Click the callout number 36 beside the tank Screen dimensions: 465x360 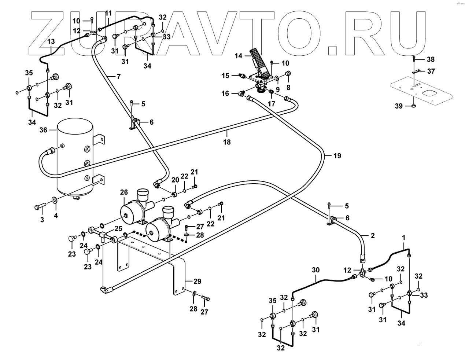pyautogui.click(x=43, y=130)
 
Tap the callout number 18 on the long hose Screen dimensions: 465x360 pyautogui.click(x=227, y=142)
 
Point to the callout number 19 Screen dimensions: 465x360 pyautogui.click(x=337, y=155)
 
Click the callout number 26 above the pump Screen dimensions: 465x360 pyautogui.click(x=124, y=192)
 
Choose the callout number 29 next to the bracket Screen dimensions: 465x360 pyautogui.click(x=197, y=281)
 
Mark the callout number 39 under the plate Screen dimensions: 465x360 pyautogui.click(x=399, y=106)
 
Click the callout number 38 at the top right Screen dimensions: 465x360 pyautogui.click(x=431, y=59)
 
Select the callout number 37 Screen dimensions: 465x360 pyautogui.click(x=431, y=71)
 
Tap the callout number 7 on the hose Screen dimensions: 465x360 pyautogui.click(x=119, y=77)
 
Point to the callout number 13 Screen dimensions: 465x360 pyautogui.click(x=51, y=41)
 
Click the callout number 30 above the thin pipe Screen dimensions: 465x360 pyautogui.click(x=315, y=270)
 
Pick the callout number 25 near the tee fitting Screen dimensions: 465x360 pyautogui.click(x=118, y=228)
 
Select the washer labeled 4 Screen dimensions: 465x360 pyautogui.click(x=55, y=201)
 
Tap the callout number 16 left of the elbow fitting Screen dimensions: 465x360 pyautogui.click(x=225, y=93)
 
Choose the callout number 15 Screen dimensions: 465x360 pyautogui.click(x=225, y=76)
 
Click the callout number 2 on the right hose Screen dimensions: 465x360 pyautogui.click(x=373, y=235)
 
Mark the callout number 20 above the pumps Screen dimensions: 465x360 pyautogui.click(x=175, y=180)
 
